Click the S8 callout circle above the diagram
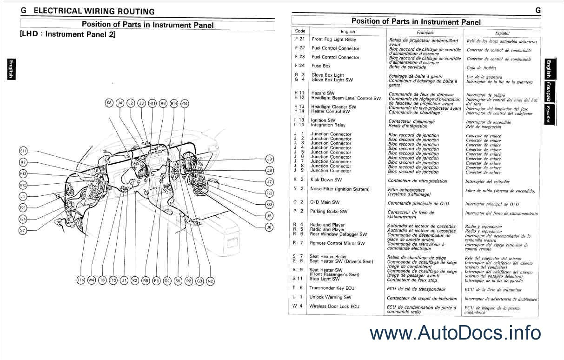pos(109,103)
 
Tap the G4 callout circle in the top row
pos(185,103)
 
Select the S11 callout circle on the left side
pos(23,151)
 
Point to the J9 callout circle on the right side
pos(269,159)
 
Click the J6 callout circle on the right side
pos(269,227)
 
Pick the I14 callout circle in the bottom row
pos(80,280)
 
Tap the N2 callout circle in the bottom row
pos(211,281)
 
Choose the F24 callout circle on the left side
pos(23,219)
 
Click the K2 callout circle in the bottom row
pos(135,280)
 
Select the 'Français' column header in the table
pos(425,33)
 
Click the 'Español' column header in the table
pos(502,33)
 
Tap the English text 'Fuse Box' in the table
pos(321,66)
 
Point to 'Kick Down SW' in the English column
pos(326,180)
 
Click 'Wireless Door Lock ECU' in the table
pos(334,307)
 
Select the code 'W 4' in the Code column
pos(298,306)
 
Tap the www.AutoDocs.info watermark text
pos(455,333)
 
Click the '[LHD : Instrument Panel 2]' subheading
pos(67,34)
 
